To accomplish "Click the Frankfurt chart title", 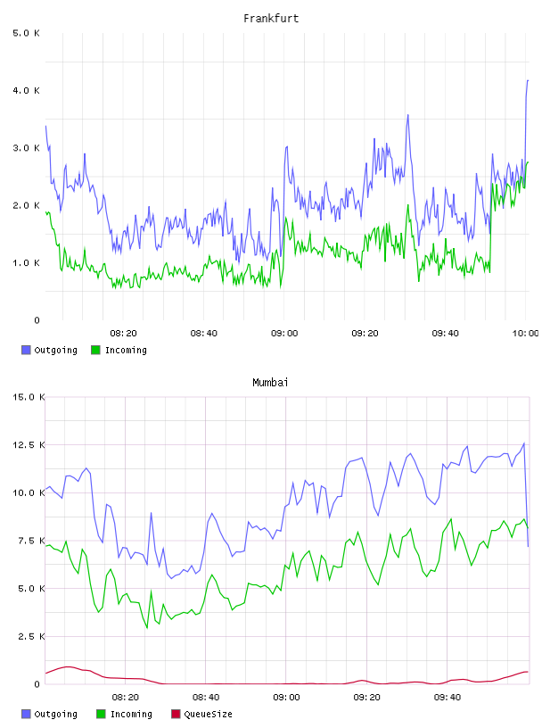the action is (x=271, y=19).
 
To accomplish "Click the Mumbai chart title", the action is (x=270, y=383).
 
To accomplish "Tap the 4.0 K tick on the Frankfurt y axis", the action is (x=26, y=90).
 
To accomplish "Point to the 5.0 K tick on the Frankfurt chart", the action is (x=26, y=33).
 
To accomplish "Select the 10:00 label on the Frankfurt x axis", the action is (x=526, y=334).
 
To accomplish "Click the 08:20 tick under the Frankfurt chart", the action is (x=123, y=334).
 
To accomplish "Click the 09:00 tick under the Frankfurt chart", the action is (x=284, y=334).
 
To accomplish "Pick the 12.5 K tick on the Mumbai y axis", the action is (x=29, y=445).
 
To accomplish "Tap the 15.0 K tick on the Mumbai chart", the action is (x=29, y=397).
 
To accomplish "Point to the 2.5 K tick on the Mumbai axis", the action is (x=31, y=636).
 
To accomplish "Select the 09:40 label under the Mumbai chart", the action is (x=448, y=698).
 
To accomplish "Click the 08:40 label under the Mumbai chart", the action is (x=206, y=698).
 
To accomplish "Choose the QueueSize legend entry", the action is (x=201, y=714).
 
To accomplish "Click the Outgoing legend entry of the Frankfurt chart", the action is (x=49, y=350).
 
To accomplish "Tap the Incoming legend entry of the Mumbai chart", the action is (x=124, y=714).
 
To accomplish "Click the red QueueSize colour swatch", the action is (x=176, y=714).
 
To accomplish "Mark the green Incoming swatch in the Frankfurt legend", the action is (x=95, y=350).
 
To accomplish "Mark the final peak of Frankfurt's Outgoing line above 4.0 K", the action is (x=528, y=80).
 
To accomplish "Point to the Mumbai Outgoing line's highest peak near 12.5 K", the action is (x=524, y=443).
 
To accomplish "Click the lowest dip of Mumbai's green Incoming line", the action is (x=147, y=628).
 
